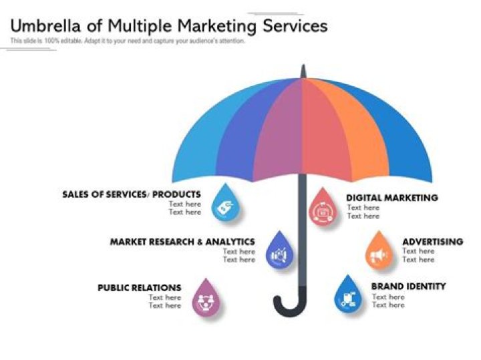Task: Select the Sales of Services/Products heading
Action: (x=131, y=194)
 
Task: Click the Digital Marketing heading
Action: (x=391, y=198)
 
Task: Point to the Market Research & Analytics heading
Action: (x=182, y=241)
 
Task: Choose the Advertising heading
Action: (x=432, y=241)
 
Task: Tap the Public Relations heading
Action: (x=139, y=288)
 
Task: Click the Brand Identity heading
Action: (x=408, y=287)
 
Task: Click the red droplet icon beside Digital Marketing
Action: (x=323, y=210)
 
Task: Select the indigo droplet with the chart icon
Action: (x=279, y=252)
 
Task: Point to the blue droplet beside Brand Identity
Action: (x=347, y=297)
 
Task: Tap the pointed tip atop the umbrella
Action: (x=303, y=69)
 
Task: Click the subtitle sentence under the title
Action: (x=128, y=41)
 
